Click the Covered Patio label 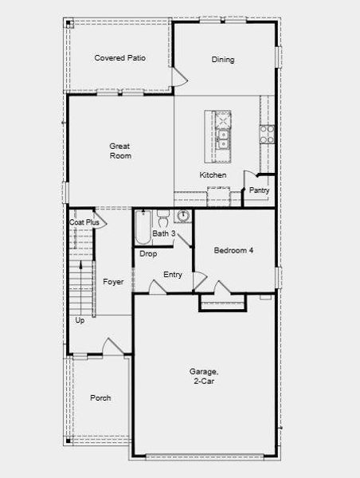(x=119, y=58)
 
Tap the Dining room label (x=223, y=60)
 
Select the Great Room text (x=120, y=151)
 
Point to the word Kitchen (x=213, y=175)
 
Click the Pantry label (x=260, y=190)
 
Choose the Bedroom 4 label (x=233, y=250)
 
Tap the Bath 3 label (x=164, y=234)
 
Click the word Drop (x=148, y=254)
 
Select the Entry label (x=173, y=275)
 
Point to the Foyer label (x=113, y=282)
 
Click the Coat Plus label (x=84, y=223)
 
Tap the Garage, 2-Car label (x=204, y=376)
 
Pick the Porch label (x=100, y=398)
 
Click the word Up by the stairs (x=80, y=320)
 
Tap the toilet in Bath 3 (x=162, y=217)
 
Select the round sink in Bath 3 (x=183, y=216)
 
